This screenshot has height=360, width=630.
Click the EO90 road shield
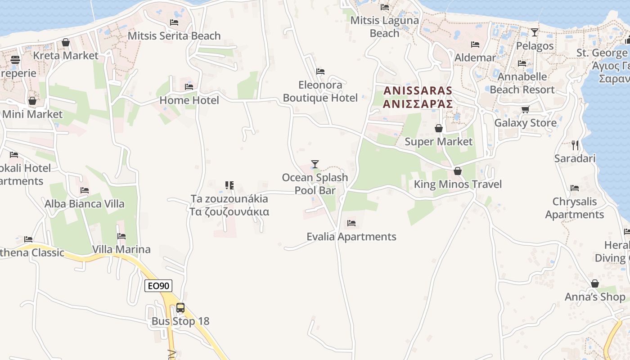[x=158, y=286]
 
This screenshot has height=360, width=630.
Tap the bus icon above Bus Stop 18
[x=180, y=308]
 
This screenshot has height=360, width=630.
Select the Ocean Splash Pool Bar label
[x=315, y=184]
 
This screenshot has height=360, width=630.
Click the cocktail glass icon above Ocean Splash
[x=315, y=164]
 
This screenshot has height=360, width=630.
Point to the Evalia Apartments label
[x=351, y=237]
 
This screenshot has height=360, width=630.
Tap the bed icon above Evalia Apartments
[x=351, y=223]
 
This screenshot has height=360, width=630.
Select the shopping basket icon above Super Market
[x=439, y=129]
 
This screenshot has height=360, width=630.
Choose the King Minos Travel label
[x=458, y=184]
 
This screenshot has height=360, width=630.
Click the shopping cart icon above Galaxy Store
[x=525, y=109]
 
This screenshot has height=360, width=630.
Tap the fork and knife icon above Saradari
[x=575, y=145]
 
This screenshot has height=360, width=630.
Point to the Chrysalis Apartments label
[x=575, y=208]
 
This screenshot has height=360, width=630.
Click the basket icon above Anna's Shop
[x=595, y=283]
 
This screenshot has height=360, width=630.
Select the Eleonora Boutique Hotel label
[x=320, y=91]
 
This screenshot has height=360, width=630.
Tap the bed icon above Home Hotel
[x=189, y=87]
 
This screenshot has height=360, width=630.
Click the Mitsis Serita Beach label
[x=174, y=36]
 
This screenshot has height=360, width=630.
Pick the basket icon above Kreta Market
[x=66, y=42]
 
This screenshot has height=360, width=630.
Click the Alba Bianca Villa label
[x=85, y=204]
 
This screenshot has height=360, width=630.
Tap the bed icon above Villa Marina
[x=121, y=236]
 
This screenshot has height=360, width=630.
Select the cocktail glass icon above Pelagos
[x=535, y=32]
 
